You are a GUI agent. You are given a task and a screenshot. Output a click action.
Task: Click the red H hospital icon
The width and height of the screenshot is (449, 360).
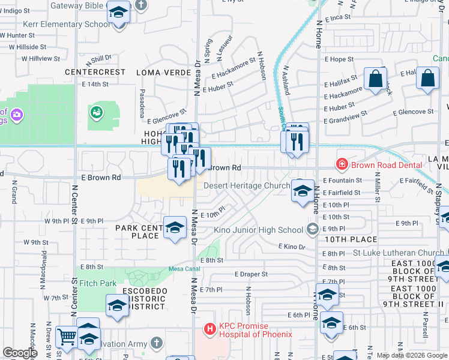tap(209, 329)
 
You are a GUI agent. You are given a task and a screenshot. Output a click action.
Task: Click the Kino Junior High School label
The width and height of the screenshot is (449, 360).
tap(259, 230)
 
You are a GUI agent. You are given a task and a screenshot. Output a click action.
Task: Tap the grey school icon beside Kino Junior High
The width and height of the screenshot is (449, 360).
tap(312, 229)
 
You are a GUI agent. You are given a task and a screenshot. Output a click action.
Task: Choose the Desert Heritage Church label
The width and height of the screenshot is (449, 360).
tap(247, 185)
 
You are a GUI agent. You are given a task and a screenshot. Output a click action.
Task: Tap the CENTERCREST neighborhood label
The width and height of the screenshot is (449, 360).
tap(95, 72)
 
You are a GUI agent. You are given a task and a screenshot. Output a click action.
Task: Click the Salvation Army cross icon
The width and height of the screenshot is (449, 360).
tap(156, 343)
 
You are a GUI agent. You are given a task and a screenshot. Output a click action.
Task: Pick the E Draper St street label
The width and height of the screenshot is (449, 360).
tap(251, 274)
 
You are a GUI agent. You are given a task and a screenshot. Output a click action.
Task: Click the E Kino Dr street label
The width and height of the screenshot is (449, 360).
tap(294, 247)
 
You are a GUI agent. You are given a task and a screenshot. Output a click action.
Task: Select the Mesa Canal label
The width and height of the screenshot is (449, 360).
tap(184, 269)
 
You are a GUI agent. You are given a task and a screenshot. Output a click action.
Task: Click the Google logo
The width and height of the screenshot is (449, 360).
tap(20, 353)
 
